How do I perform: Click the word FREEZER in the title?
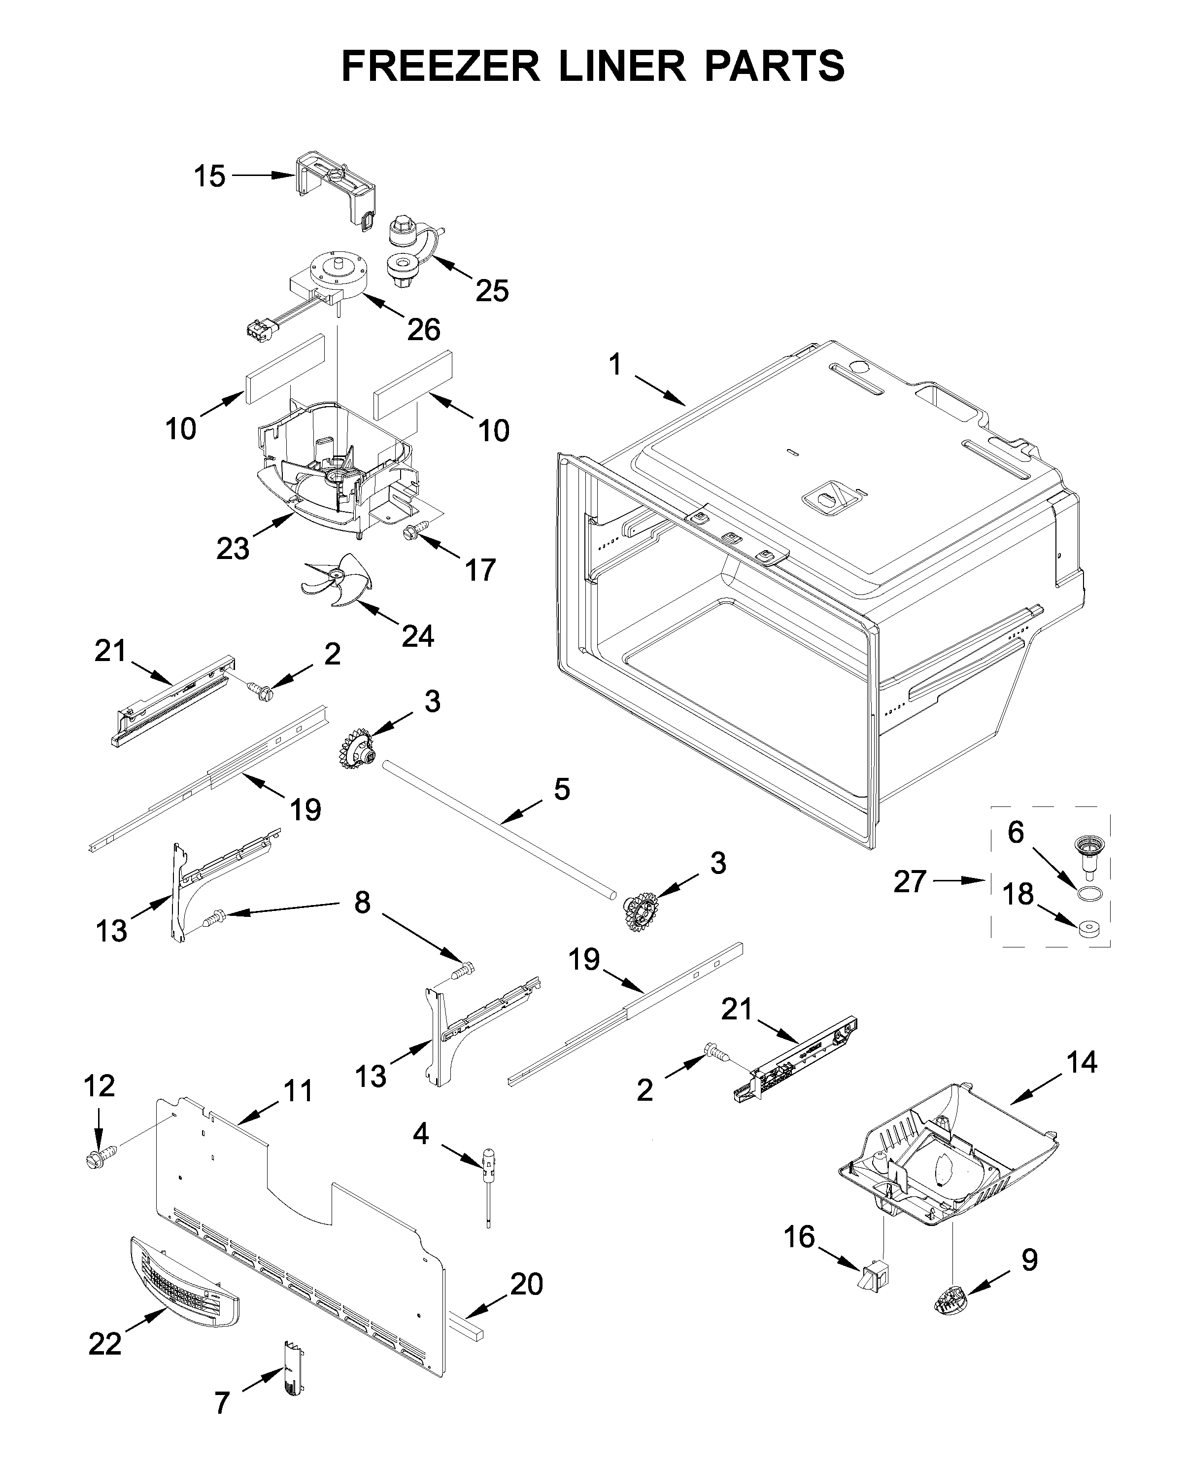pos(441,67)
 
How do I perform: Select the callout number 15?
pos(209,176)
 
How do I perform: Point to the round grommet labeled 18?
pos(1087,928)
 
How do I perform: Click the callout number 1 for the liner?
pos(615,364)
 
